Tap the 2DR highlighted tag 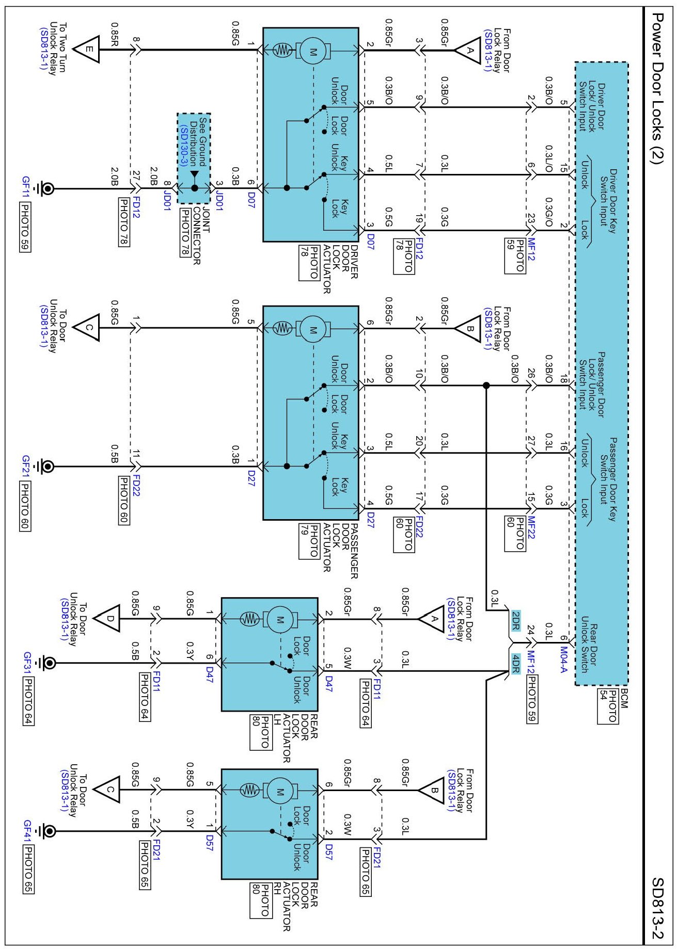coord(515,621)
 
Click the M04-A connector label coord(563,660)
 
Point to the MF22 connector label coord(531,528)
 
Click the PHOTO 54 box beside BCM coord(608,706)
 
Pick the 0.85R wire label coord(115,34)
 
